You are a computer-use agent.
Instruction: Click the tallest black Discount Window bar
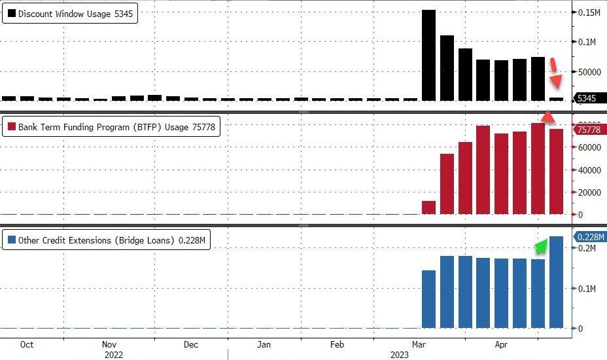tap(429, 56)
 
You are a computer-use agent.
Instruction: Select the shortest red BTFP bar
tap(429, 207)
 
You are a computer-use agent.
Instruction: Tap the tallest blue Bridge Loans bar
tap(556, 282)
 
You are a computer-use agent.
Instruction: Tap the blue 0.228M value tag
tap(590, 237)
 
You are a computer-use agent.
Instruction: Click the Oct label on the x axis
tap(27, 344)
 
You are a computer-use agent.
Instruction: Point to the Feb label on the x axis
tap(337, 344)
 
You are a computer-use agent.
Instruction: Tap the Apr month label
tap(501, 344)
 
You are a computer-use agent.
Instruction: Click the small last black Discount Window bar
tap(556, 99)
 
